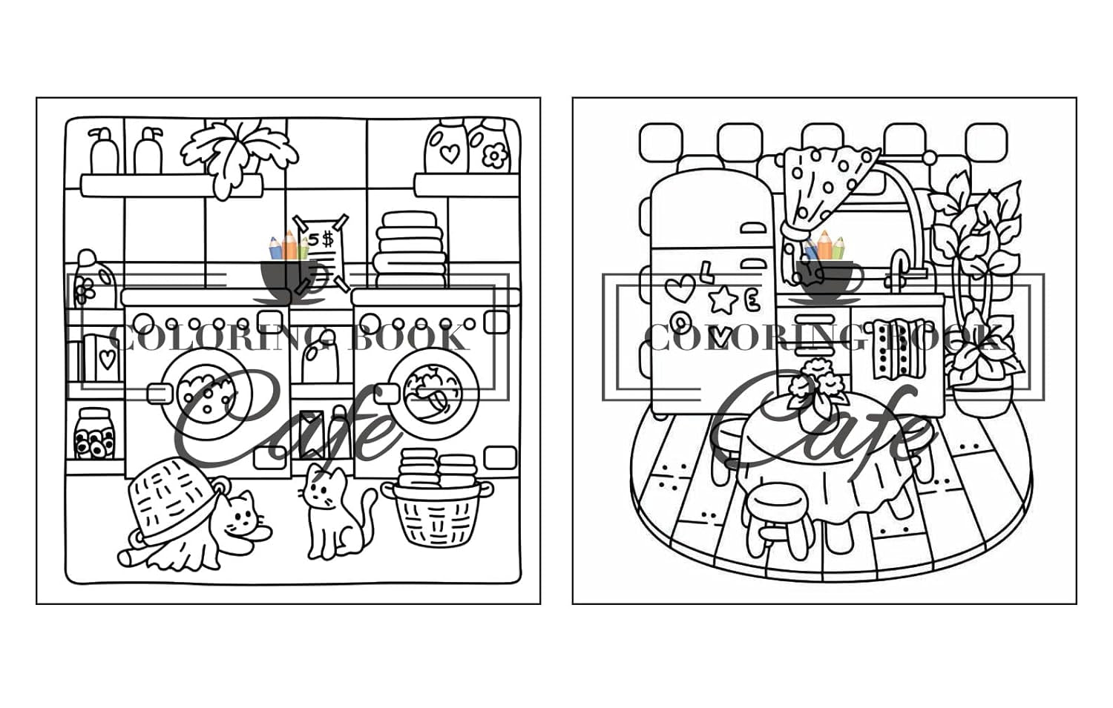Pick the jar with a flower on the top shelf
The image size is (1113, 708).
click(490, 146)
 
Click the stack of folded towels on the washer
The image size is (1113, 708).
click(411, 250)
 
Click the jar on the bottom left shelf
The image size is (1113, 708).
click(94, 434)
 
